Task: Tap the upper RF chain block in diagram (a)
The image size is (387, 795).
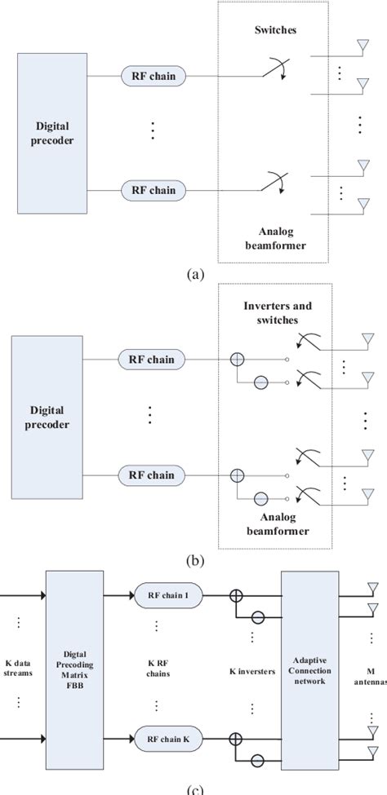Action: (154, 76)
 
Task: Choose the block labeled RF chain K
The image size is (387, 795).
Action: (169, 740)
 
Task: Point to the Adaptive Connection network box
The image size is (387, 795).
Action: (309, 669)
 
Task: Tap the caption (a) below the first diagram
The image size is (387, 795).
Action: (193, 275)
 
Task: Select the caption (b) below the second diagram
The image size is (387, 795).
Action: (193, 559)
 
